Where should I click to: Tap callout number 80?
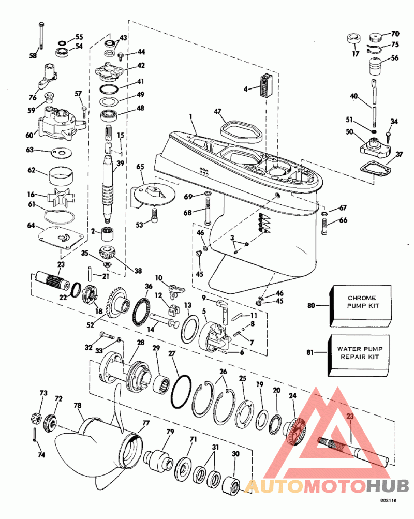tap(311, 305)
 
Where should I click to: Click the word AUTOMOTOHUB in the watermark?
tap(326, 486)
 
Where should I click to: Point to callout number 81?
tap(311, 354)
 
